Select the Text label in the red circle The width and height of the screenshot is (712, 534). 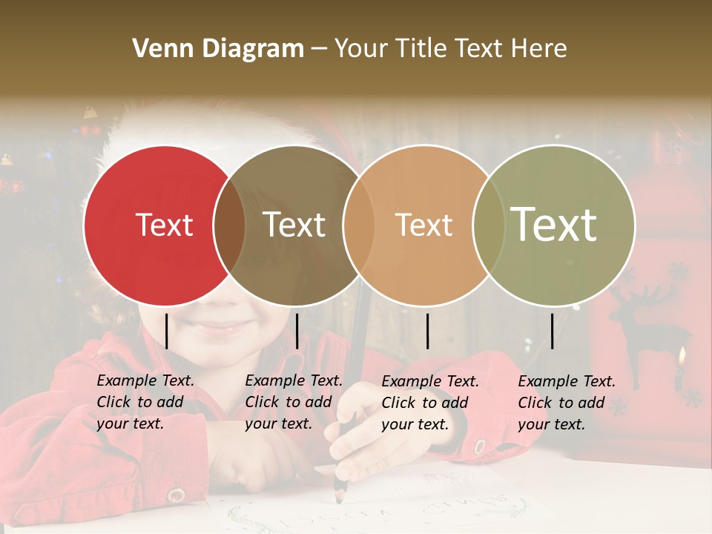(164, 225)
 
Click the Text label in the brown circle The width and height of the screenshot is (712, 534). (294, 225)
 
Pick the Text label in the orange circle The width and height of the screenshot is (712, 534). (423, 225)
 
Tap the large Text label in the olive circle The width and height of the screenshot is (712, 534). (554, 224)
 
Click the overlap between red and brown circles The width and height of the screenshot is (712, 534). (229, 225)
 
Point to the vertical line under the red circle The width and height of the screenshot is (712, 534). (166, 331)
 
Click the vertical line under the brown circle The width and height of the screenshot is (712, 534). (297, 331)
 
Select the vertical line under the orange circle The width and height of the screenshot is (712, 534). (427, 331)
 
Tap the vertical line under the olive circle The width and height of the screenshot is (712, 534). (552, 331)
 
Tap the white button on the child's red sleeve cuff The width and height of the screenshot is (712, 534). (176, 495)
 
